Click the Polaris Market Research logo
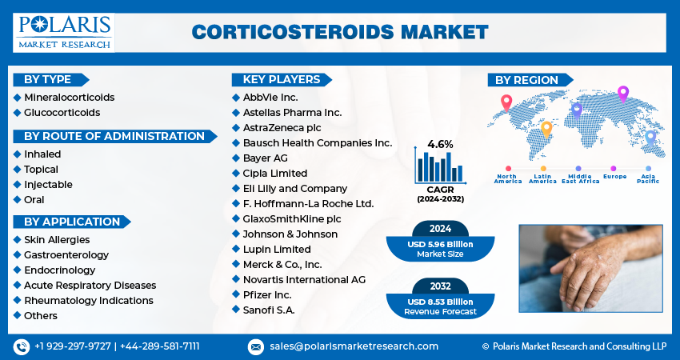click(x=64, y=33)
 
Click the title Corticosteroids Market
click(x=340, y=33)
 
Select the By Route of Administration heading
click(x=114, y=136)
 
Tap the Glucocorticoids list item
click(x=62, y=112)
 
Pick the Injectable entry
click(x=48, y=184)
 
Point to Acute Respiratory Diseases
click(x=90, y=285)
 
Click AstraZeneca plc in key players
click(x=282, y=127)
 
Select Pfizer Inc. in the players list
click(x=267, y=294)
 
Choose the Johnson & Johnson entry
click(x=290, y=234)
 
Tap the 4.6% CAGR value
click(x=440, y=144)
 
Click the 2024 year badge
click(x=440, y=229)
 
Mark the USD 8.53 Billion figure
click(x=440, y=302)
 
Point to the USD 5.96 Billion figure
click(x=440, y=244)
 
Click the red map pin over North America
click(x=506, y=102)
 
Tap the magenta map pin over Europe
click(x=623, y=94)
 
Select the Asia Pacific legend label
click(x=648, y=178)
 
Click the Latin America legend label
click(x=542, y=178)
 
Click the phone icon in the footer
click(x=22, y=346)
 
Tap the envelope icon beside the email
click(x=256, y=347)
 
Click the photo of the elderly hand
click(x=590, y=268)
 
